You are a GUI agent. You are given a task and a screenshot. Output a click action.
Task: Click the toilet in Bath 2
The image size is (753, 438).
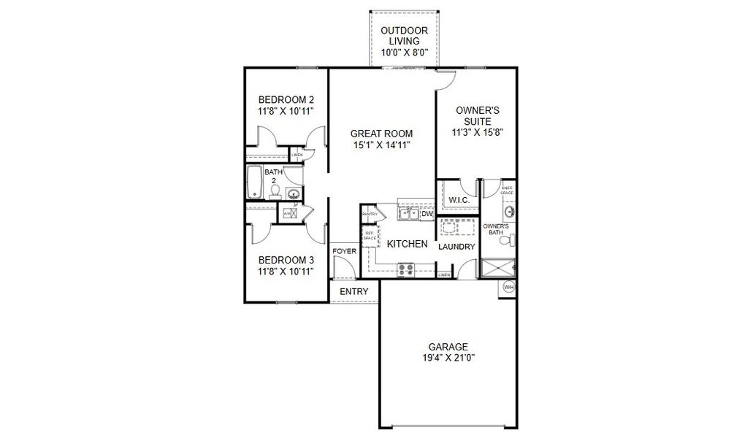[275, 191]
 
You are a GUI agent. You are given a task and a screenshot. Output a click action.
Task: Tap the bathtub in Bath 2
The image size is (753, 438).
[255, 182]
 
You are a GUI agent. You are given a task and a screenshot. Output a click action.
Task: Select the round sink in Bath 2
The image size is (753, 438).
[293, 194]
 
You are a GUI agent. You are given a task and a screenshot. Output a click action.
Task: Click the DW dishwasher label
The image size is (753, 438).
[427, 214]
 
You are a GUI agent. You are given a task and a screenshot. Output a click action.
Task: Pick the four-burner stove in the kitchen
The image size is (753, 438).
[405, 269]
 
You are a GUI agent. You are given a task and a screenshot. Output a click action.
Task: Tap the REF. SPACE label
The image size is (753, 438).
[370, 235]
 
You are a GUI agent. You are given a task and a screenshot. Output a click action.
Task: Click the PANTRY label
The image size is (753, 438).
[370, 214]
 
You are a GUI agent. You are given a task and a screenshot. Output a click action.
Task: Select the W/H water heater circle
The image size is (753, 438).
[509, 288]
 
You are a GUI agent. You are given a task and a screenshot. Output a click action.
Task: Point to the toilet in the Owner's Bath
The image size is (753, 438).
[510, 239]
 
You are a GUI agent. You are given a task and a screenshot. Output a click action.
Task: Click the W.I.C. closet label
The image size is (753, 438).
[459, 200]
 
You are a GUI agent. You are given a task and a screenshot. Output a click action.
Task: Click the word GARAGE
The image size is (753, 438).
[448, 346]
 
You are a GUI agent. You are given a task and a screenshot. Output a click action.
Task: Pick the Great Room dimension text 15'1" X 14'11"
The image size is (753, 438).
[381, 145]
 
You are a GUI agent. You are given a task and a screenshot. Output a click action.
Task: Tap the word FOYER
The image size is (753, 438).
[344, 251]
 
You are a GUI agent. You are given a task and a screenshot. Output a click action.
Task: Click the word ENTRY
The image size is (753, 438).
[354, 292]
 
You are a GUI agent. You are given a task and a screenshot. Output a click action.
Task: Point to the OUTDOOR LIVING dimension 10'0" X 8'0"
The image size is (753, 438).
[404, 53]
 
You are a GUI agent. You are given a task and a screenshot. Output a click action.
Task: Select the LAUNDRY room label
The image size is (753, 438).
[456, 247]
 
